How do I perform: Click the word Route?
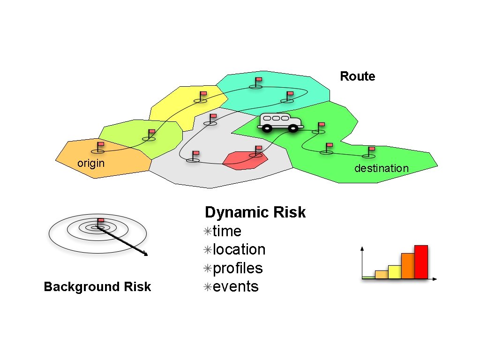(357, 76)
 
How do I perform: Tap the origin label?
(90, 163)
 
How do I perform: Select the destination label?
(381, 168)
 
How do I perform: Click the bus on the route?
(280, 122)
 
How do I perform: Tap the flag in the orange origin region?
(99, 147)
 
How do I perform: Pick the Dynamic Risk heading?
(255, 212)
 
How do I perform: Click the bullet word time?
(227, 231)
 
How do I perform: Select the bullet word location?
(239, 249)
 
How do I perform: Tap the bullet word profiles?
(238, 268)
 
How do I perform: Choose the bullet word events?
(235, 286)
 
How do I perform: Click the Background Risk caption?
(97, 287)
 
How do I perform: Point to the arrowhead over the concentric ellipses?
(146, 255)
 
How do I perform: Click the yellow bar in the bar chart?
(395, 272)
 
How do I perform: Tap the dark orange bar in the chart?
(408, 266)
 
